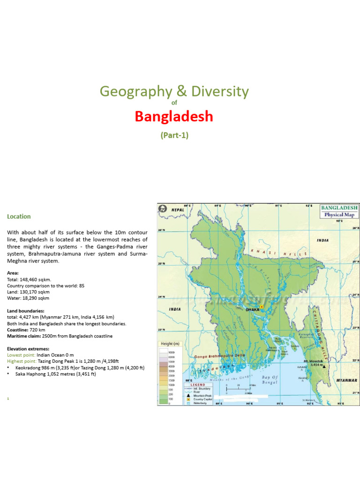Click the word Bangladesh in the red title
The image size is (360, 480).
tap(174, 116)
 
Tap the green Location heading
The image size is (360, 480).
tap(19, 217)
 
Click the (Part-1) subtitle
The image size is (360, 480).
tap(174, 135)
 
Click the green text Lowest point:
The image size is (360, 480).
tap(22, 355)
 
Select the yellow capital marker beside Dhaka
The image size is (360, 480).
tap(262, 307)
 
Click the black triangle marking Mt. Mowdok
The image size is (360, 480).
tap(323, 367)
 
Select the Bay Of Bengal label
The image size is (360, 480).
tap(270, 380)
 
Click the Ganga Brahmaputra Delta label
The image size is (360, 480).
tap(216, 357)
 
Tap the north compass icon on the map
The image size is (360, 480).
tap(163, 209)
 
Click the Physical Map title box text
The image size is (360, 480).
tap(339, 215)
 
